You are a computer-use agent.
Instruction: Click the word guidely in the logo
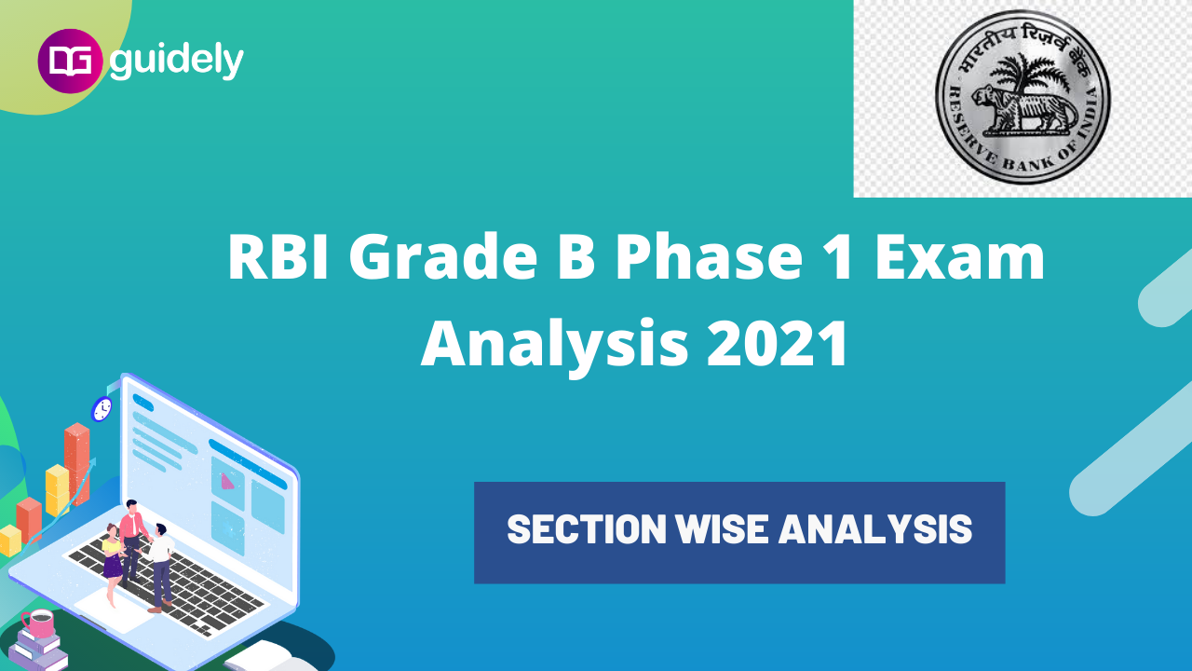(177, 61)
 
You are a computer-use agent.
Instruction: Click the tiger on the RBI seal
(1022, 111)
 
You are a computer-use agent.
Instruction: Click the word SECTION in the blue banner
(587, 530)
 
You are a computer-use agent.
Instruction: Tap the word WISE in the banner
(723, 530)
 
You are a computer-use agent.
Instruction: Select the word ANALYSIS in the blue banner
(875, 530)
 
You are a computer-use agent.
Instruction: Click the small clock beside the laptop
(102, 407)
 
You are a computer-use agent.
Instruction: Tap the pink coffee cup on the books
(38, 623)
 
